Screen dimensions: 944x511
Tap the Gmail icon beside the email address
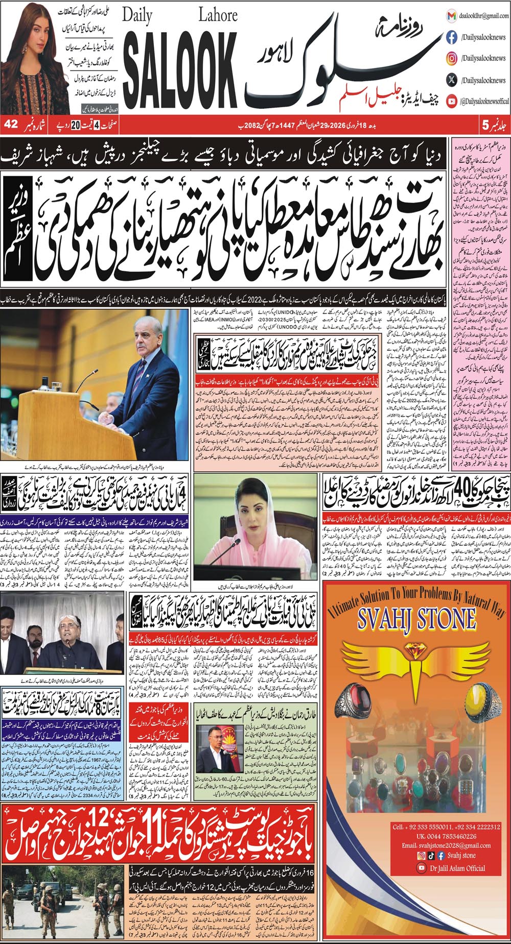(451, 16)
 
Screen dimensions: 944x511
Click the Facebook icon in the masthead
(451, 37)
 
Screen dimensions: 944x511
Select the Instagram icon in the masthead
(451, 59)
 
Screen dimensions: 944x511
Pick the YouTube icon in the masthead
(451, 102)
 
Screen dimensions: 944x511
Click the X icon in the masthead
(451, 80)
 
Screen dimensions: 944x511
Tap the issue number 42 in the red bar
(11, 124)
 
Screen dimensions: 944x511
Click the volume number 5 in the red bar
(485, 124)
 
